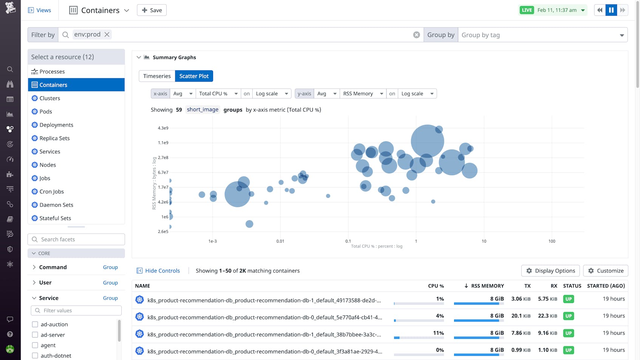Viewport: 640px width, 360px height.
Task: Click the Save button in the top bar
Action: tap(151, 10)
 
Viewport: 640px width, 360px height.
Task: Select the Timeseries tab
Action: tap(157, 76)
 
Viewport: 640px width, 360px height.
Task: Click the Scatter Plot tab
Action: tap(194, 76)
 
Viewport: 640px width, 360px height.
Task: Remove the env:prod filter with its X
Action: tap(107, 34)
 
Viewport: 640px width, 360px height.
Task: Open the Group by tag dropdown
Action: tap(542, 35)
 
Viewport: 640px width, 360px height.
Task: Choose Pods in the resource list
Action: tap(46, 111)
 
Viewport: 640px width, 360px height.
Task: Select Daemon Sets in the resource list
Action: tap(56, 205)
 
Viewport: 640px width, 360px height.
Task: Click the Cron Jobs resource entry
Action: tap(51, 192)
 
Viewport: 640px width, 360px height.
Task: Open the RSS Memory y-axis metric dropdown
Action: tap(363, 94)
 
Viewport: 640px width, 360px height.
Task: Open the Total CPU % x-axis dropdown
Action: tap(218, 94)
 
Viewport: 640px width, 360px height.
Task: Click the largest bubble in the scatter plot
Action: tap(427, 141)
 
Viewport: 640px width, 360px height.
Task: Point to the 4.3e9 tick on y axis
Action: tap(163, 128)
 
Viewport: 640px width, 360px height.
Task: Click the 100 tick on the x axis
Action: tap(552, 241)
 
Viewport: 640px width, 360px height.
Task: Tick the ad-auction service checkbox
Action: tap(35, 324)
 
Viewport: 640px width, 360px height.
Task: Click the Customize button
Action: tap(605, 270)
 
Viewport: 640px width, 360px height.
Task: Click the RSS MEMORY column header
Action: tap(487, 286)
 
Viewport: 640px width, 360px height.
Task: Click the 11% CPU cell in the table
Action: tap(438, 333)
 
